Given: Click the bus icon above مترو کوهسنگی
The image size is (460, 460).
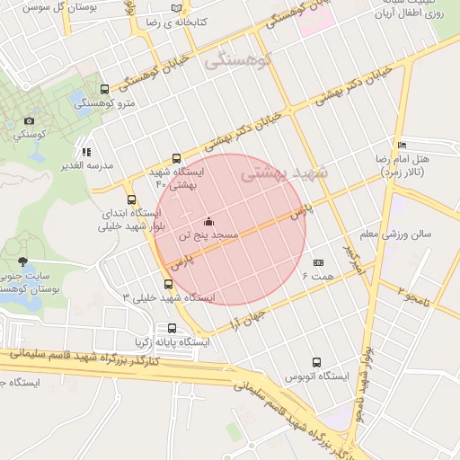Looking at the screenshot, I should tap(105, 89).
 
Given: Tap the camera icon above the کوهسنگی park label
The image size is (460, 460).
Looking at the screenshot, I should tap(30, 121).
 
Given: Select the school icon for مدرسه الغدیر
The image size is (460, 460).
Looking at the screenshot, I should tap(86, 152).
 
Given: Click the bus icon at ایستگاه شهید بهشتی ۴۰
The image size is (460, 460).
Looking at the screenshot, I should tap(175, 158).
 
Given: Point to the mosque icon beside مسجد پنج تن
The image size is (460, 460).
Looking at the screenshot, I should tap(209, 222).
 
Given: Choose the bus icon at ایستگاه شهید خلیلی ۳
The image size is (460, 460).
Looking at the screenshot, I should tap(168, 284).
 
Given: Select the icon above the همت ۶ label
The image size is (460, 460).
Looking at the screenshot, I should tap(318, 263).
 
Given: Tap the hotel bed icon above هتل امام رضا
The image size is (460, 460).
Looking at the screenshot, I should tap(402, 145).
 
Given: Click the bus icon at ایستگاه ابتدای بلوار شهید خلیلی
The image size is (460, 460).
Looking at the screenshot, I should tap(132, 199).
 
